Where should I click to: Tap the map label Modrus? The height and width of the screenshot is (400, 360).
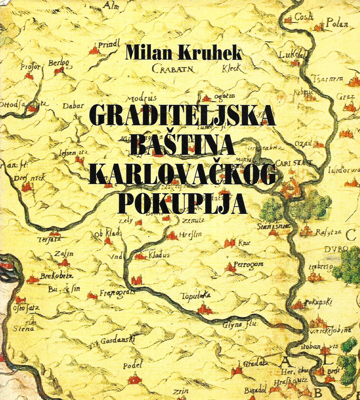(x=141, y=99)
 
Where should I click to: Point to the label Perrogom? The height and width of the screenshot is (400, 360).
(x=249, y=264)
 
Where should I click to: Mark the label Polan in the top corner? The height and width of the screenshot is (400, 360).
(x=337, y=24)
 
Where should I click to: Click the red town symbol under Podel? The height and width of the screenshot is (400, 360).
(x=134, y=379)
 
